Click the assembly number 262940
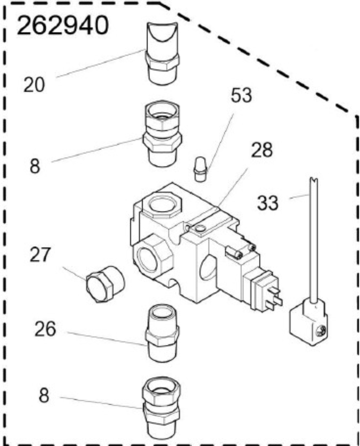pos(63,26)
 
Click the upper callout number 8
pos(35,167)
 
